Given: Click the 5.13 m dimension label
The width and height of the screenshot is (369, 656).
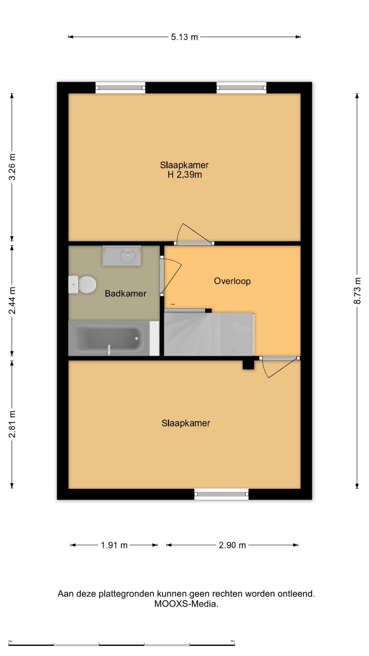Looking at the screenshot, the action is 184,37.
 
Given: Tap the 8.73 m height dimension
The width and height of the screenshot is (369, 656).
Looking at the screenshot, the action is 357,290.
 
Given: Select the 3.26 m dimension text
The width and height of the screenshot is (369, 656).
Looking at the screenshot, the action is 12,167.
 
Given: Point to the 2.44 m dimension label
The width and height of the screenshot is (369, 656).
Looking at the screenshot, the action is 12,300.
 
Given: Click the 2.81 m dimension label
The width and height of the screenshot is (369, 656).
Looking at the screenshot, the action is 12,424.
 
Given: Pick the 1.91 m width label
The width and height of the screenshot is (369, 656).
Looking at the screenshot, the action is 114,545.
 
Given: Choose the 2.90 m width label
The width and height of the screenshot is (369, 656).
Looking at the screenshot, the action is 232,545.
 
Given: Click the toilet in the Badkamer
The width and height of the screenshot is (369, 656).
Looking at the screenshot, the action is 82,284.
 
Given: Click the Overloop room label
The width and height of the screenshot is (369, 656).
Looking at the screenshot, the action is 232,281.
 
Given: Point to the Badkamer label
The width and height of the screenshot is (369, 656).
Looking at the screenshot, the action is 125,293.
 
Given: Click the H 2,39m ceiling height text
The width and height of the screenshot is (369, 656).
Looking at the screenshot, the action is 184,175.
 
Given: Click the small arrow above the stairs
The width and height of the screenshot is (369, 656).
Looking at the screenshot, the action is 173,304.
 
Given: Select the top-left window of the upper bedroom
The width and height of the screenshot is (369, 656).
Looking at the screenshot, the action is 120,88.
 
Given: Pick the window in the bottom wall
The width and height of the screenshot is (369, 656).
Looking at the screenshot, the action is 221,494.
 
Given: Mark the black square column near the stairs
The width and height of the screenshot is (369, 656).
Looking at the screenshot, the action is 248,365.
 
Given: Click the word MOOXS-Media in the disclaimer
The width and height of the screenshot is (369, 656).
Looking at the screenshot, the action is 186,604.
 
